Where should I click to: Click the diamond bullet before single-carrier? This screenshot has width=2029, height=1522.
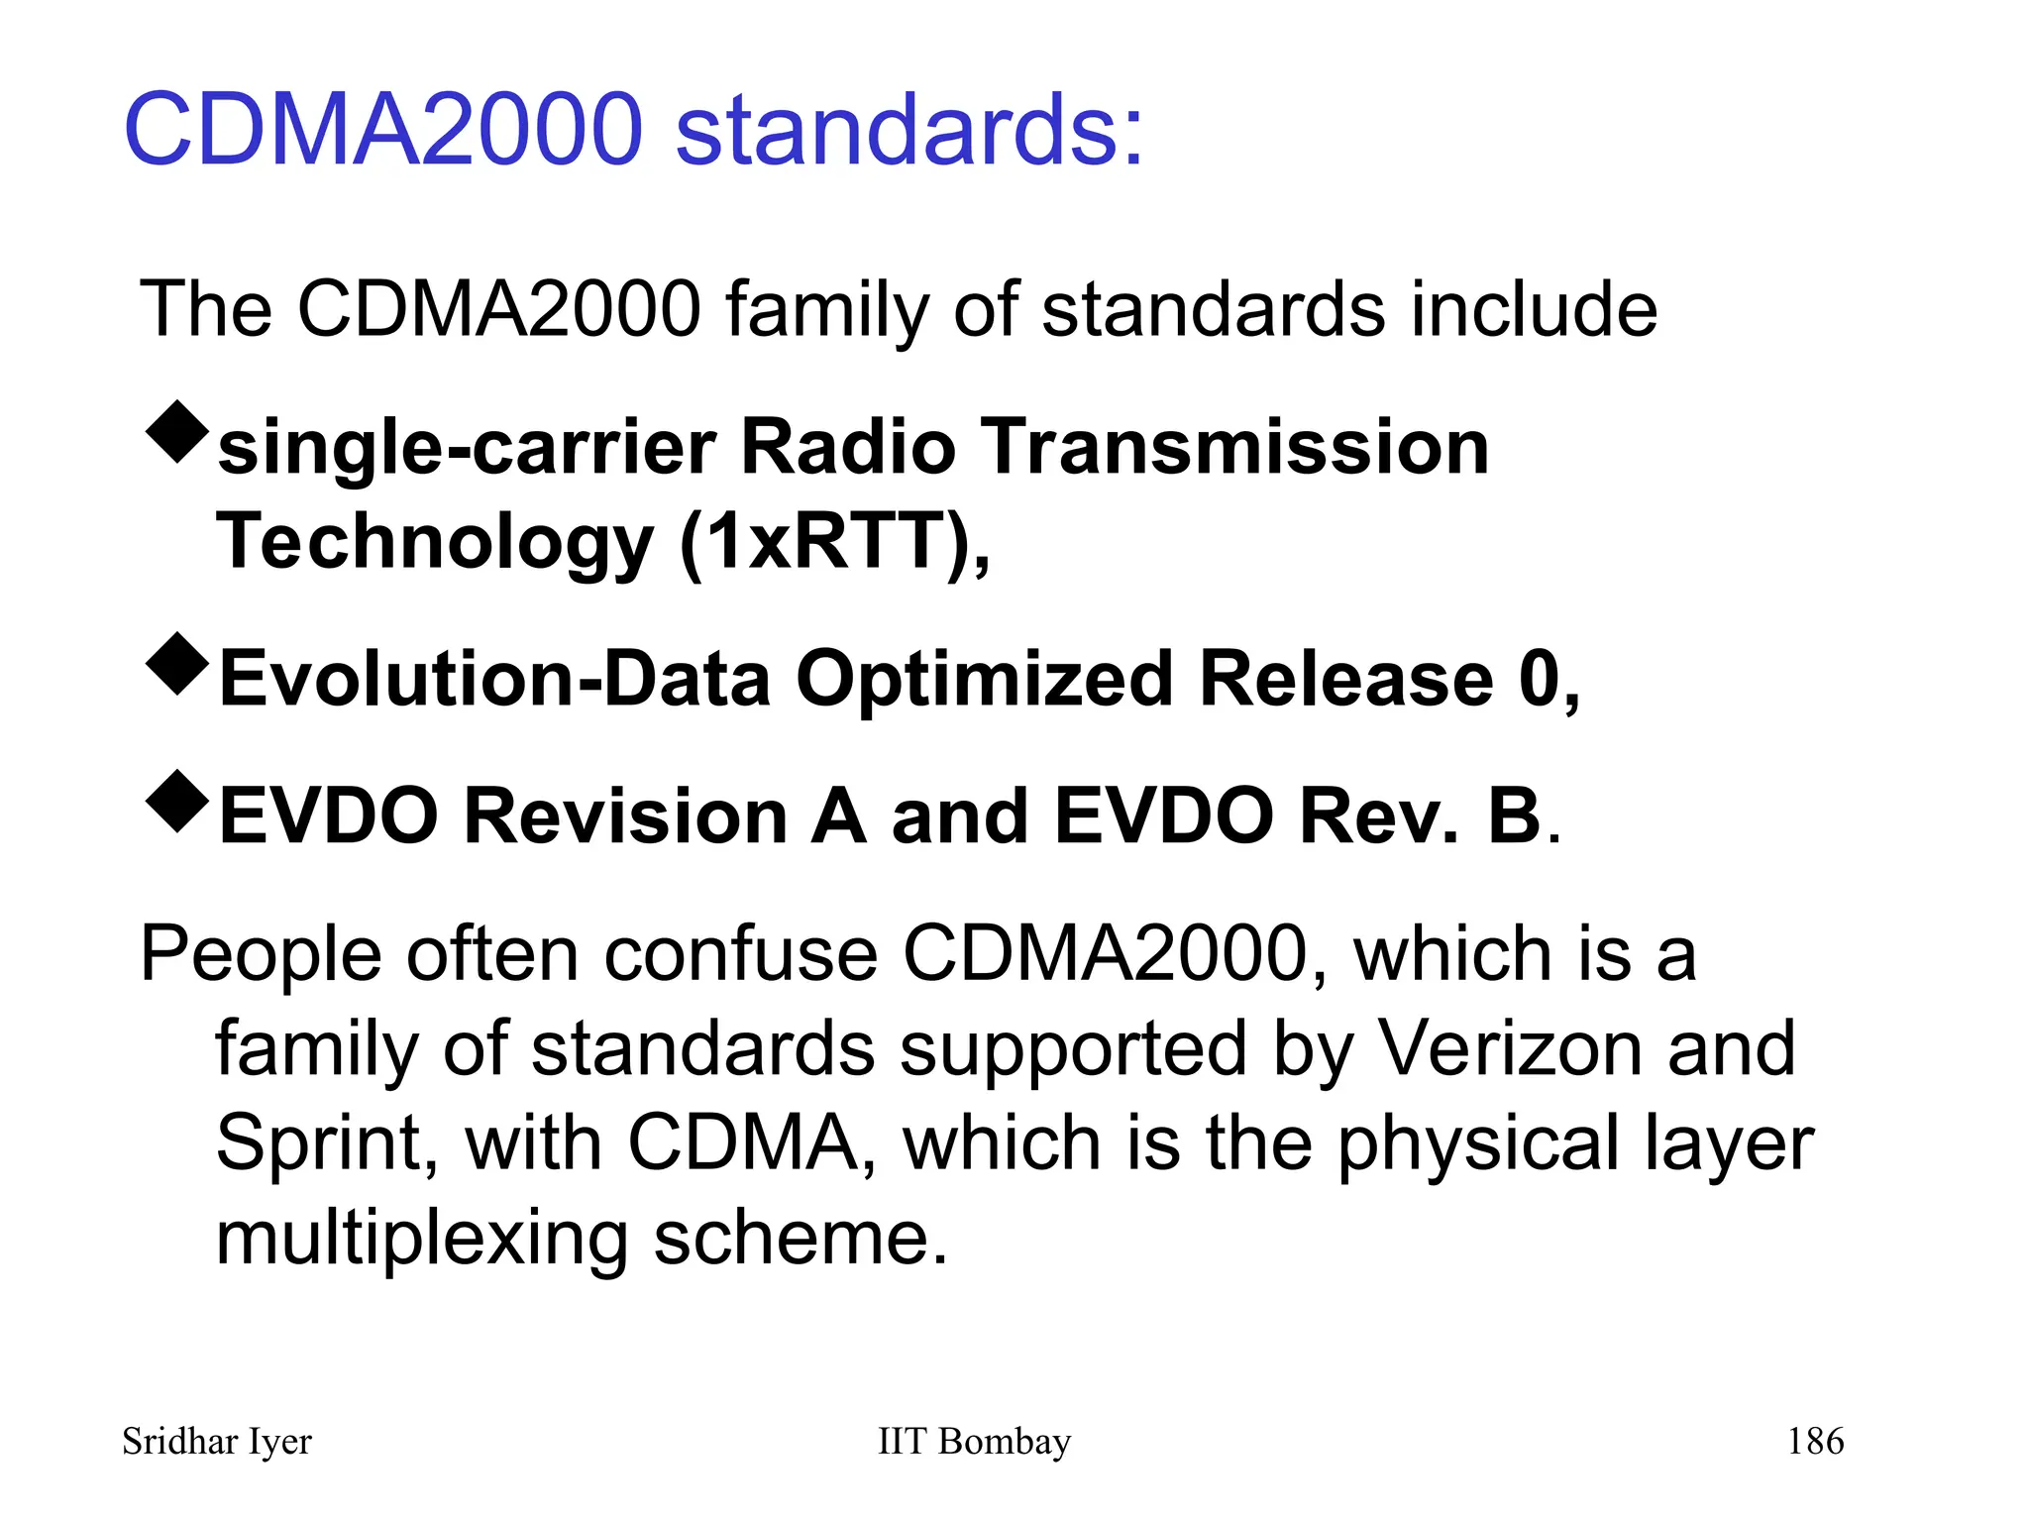(x=177, y=431)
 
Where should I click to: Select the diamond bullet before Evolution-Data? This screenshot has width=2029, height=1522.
(x=177, y=663)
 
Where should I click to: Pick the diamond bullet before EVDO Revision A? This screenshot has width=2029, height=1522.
(x=177, y=801)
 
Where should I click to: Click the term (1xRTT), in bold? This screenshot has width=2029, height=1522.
(x=834, y=543)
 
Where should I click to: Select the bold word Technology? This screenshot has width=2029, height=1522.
(x=435, y=543)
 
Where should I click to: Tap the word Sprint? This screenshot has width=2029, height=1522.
(x=326, y=1143)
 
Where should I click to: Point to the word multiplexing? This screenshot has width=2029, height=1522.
(x=422, y=1239)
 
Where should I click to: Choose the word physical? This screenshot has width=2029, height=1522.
(x=1477, y=1143)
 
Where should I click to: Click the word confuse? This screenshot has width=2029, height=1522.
(x=741, y=954)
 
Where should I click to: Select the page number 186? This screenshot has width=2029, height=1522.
(x=1815, y=1441)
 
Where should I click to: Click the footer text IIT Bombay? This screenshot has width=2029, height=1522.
(x=974, y=1441)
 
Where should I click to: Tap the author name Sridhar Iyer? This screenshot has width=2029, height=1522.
(x=216, y=1442)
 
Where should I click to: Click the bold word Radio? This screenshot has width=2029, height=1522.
(x=847, y=447)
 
